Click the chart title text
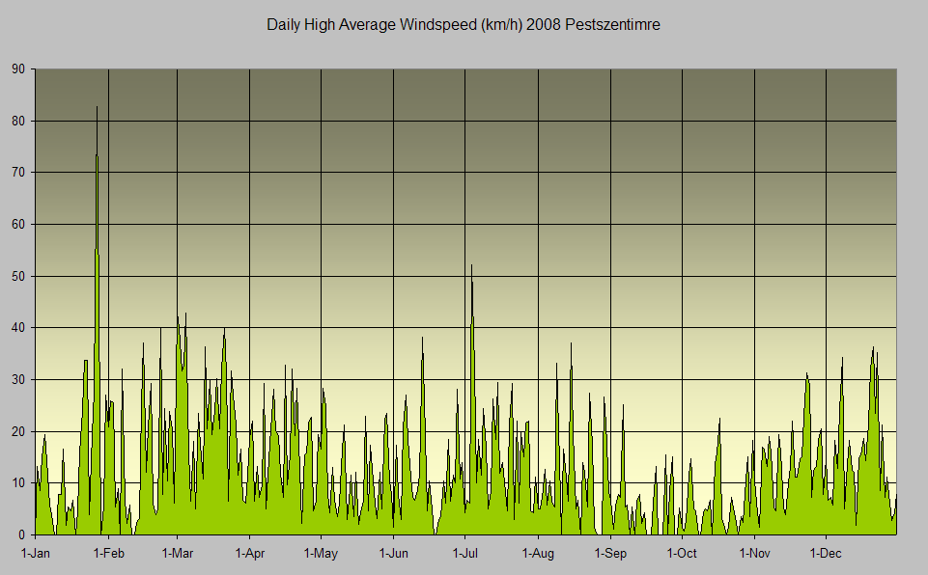[x=464, y=25]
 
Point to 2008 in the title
[x=547, y=25]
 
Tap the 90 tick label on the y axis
[x=18, y=69]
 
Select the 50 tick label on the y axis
[x=18, y=277]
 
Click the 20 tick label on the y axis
[x=18, y=431]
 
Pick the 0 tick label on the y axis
[x=22, y=535]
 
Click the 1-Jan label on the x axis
[x=36, y=554]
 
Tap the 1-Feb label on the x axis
[x=108, y=554]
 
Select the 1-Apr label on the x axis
[x=249, y=554]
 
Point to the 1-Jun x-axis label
[x=393, y=554]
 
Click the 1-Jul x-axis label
[x=465, y=554]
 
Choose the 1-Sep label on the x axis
[x=610, y=554]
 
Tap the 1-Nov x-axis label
[x=754, y=554]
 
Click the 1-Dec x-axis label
[x=827, y=554]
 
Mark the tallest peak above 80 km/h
[x=97, y=107]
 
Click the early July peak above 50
[x=471, y=265]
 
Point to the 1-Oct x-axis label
[x=682, y=554]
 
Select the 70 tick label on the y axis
[x=18, y=173]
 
